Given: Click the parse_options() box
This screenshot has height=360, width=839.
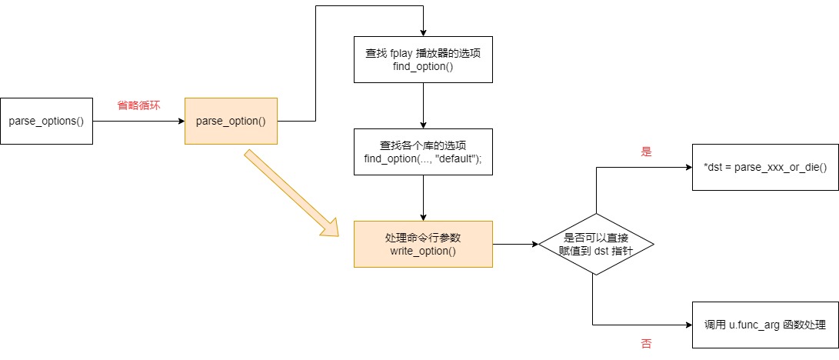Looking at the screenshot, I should point(46,121).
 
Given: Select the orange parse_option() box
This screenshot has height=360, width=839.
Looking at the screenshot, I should point(231,121).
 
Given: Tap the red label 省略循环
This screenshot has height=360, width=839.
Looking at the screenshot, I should point(138,105).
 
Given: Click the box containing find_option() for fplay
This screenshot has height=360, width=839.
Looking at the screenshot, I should point(423,59).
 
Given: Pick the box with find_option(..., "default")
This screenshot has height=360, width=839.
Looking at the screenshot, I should point(423,152).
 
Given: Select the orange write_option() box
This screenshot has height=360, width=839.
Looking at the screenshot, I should point(423,244).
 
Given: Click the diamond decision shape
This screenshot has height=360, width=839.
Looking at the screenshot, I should point(596,244).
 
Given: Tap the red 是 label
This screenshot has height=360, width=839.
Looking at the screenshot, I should point(646,152).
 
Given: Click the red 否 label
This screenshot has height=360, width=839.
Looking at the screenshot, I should point(646,344).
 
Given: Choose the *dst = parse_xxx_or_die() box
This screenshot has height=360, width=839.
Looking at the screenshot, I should point(764,167).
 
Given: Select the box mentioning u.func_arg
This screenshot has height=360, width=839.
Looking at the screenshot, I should point(764,325).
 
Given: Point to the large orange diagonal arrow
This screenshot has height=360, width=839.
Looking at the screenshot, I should point(292,192).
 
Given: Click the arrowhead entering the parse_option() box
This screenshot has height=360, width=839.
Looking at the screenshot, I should point(180,121).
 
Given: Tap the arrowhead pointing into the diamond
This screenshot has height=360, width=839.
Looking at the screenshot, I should point(534,244).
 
